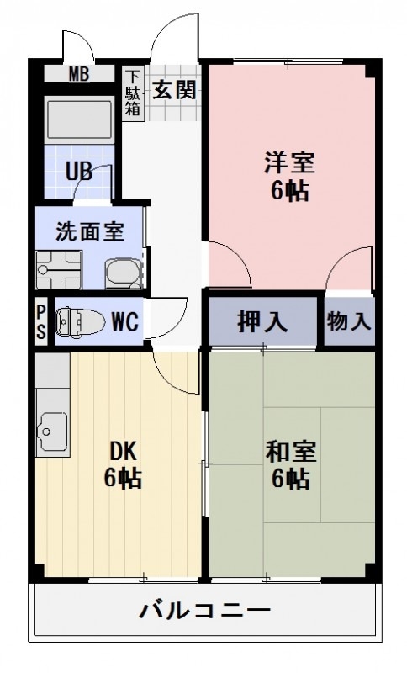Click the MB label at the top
[x=78, y=73]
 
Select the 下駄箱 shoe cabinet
[x=134, y=93]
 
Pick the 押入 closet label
[x=262, y=321]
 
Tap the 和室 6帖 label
[x=290, y=464]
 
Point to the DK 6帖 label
[x=122, y=464]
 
